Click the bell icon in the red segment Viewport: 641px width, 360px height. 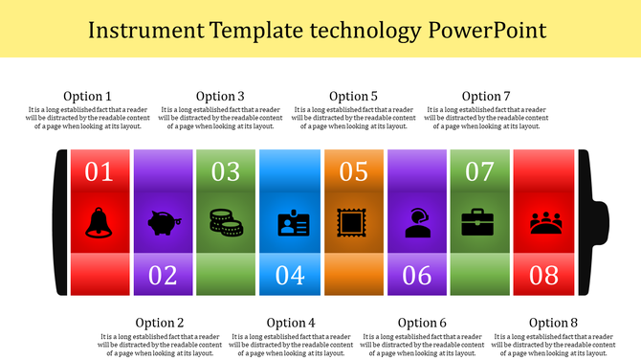click(99, 222)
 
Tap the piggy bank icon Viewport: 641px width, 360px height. click(162, 223)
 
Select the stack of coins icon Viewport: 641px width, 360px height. click(226, 222)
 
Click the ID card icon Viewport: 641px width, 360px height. click(289, 223)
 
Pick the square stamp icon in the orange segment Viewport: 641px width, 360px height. click(353, 223)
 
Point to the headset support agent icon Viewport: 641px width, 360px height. click(416, 222)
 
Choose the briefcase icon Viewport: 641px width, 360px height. click(479, 223)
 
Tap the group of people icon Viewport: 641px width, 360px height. click(543, 222)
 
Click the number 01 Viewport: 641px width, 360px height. click(99, 172)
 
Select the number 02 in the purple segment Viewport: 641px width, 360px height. click(163, 276)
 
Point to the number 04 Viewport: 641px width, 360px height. click(289, 276)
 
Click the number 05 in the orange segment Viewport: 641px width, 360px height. click(353, 172)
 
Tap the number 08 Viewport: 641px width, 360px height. click(543, 276)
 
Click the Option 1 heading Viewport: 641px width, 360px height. click(87, 96)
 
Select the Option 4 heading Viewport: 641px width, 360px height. click(291, 323)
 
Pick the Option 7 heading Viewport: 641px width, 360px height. click(486, 96)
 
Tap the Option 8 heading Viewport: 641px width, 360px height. click(554, 323)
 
